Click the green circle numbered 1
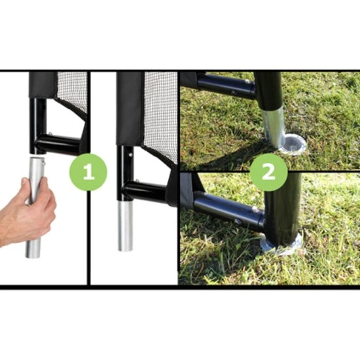tap(88, 172)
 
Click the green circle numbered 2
tap(268, 172)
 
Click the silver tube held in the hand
tap(35, 207)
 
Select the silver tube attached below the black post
tap(126, 226)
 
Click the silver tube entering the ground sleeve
tap(274, 128)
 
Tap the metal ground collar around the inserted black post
tap(282, 245)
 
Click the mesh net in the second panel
tap(162, 115)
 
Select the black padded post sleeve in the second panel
tap(130, 109)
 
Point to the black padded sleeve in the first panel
tap(43, 85)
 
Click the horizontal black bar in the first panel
tap(58, 143)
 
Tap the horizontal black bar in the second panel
tap(145, 191)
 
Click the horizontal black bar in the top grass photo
tap(226, 86)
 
